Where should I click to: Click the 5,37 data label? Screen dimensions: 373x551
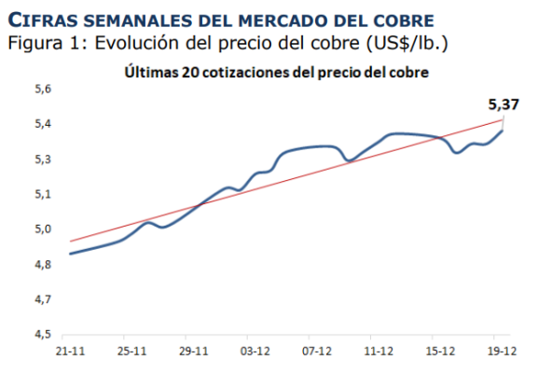[504, 104]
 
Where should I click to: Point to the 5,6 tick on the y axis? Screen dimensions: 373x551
[42, 89]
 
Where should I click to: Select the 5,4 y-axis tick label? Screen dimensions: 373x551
[42, 124]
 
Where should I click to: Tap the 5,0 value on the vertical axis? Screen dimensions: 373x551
[42, 229]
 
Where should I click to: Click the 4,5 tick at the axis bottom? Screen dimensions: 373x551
[42, 334]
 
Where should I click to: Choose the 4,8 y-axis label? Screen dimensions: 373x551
[42, 265]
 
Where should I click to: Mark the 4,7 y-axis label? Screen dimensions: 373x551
[42, 299]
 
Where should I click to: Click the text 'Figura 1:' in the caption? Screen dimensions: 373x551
[43, 43]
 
